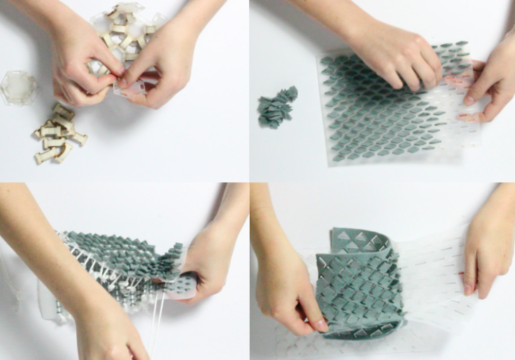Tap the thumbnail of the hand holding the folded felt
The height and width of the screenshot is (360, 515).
320,325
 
